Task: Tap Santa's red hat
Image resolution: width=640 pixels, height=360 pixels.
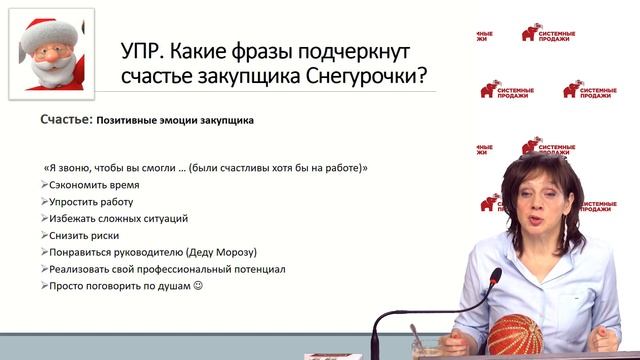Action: [40, 30]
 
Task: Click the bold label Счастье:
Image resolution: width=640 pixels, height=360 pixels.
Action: [67, 120]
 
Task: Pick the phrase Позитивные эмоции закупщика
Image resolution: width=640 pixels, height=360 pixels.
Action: [175, 121]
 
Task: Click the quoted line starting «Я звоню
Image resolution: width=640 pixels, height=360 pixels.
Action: [205, 167]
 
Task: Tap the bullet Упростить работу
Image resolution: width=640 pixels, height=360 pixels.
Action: [95, 202]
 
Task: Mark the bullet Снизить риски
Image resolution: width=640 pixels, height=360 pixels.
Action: [88, 235]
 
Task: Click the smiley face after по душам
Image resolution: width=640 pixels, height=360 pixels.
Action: [197, 286]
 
